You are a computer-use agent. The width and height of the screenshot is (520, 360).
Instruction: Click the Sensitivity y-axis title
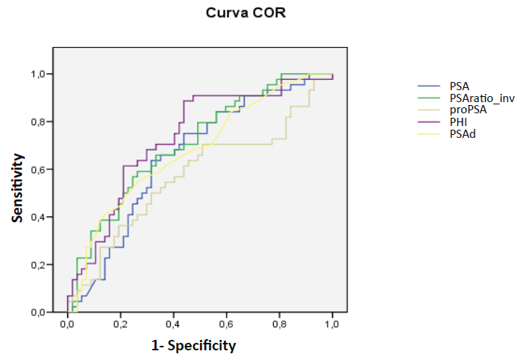point(17,188)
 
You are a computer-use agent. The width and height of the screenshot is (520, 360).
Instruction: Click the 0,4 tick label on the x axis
point(174,324)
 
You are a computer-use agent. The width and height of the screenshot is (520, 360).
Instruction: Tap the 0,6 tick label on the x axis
point(227,324)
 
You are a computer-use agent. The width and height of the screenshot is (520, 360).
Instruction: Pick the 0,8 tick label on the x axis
point(280,324)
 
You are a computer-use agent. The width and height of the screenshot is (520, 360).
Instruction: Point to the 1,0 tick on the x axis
point(333,324)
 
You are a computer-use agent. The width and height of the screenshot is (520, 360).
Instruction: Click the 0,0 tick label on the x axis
point(68,324)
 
